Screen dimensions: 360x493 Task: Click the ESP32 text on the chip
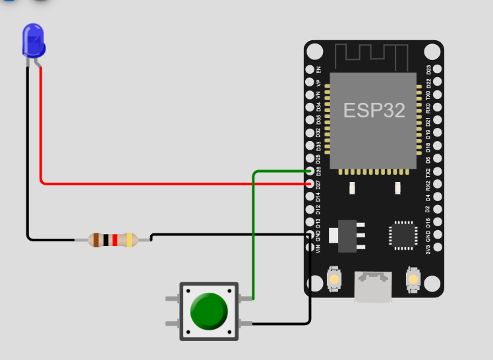coord(374,110)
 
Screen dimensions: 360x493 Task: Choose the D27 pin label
coord(319,184)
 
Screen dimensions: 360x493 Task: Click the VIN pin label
coord(319,248)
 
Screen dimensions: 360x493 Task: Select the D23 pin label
coord(428,69)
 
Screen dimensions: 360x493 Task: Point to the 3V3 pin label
coord(428,248)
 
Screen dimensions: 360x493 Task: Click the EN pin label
coord(319,69)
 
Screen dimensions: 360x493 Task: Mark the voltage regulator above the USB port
coord(347,235)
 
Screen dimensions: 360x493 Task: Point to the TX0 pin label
coord(428,95)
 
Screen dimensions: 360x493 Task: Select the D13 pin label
coord(319,222)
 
